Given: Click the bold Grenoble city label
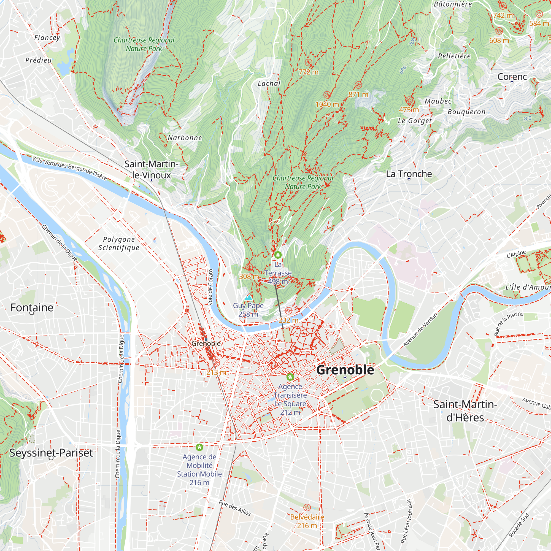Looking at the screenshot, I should pos(345,370).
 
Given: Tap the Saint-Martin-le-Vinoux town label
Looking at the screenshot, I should pos(151,169).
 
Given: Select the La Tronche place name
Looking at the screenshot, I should pos(409,174).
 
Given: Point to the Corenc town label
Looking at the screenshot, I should pos(512,76).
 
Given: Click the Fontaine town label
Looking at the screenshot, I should pos(32,307).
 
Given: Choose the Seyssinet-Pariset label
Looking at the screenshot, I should pos(51,453).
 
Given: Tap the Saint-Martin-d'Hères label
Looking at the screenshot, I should pos(465,411).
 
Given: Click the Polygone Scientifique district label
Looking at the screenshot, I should pos(119,243).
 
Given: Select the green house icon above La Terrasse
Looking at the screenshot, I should pos(278,255).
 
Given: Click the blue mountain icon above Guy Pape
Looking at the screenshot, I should pos(248,298).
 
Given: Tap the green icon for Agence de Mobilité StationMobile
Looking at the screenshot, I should pos(199,447).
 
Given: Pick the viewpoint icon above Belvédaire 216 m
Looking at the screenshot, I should pos(307,507).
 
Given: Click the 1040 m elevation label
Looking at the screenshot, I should pos(327,104).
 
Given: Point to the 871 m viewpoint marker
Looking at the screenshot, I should pos(358,85).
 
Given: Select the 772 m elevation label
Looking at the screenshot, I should pos(308,72).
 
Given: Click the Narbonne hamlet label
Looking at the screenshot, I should pos(185,138).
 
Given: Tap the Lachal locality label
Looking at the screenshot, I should pos(269,83).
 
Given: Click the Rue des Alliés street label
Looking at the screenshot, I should pos(234,508).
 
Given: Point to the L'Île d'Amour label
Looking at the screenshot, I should pos(528,287).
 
